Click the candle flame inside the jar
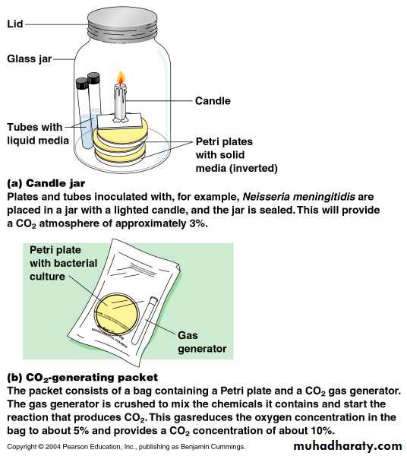(121, 78)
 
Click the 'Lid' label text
(15, 24)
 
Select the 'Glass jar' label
(30, 59)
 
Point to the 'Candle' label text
(213, 101)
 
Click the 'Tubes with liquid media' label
(38, 134)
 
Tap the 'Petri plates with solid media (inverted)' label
(236, 155)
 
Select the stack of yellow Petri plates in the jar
(120, 144)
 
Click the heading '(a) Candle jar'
(46, 183)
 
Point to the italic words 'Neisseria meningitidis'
(298, 197)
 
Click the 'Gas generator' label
(202, 342)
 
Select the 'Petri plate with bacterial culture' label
(63, 263)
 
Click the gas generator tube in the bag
(144, 320)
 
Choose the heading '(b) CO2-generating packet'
(83, 378)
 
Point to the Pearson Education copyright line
(126, 447)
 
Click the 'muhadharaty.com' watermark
(348, 446)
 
